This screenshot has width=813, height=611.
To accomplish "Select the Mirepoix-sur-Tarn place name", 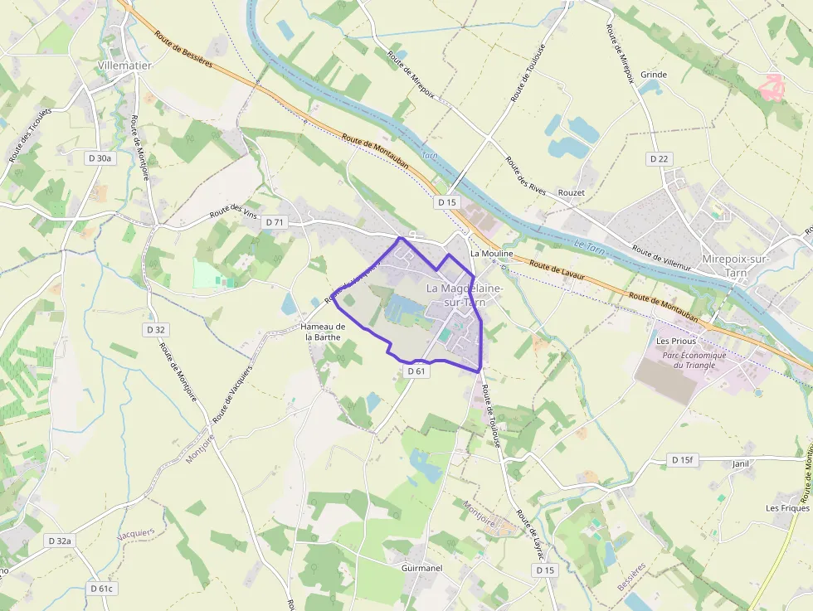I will tap(736, 266).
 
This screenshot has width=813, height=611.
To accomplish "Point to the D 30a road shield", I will tap(99, 158).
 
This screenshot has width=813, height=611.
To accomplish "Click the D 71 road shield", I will tap(274, 222).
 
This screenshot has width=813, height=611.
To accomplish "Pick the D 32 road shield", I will tap(156, 329).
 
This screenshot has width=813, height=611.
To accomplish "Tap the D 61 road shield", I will tap(416, 371).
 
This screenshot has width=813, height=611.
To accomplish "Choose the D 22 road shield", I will tap(660, 158).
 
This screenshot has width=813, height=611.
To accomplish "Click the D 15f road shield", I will tap(682, 459).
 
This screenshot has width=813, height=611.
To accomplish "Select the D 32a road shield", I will tap(60, 541).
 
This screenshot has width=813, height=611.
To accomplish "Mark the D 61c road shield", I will tap(101, 588).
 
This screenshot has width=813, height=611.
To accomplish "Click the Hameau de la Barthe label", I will tap(323, 332).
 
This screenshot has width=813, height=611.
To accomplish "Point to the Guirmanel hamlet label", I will tap(421, 569).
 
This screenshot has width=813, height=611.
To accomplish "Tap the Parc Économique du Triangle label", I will tap(694, 360).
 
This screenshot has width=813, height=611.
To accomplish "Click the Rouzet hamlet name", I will tap(572, 192).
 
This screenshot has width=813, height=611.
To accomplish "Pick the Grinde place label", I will tap(654, 75).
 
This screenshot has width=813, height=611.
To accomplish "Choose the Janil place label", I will tap(741, 464).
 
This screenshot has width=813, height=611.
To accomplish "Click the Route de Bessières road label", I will tap(183, 49).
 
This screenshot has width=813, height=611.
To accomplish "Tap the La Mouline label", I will tap(492, 253).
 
